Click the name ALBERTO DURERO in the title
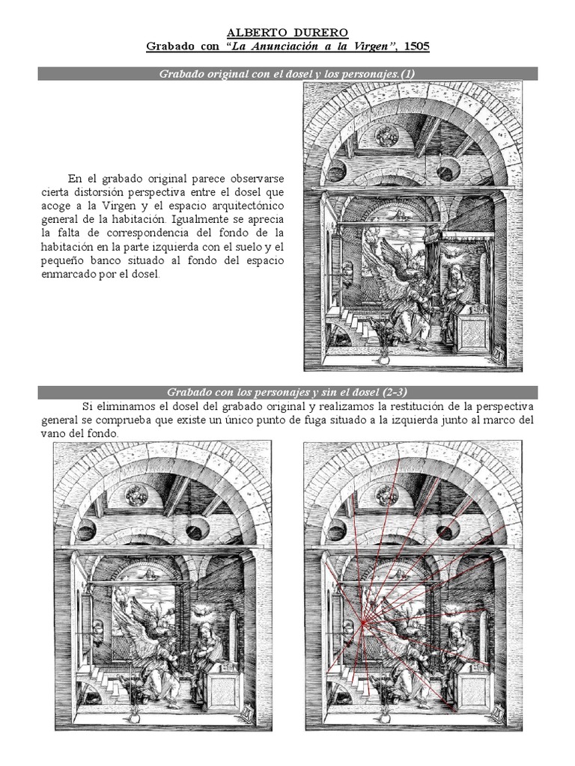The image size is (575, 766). coord(287,34)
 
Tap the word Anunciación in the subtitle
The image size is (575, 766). coord(292,46)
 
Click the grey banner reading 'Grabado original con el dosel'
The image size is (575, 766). coord(287,73)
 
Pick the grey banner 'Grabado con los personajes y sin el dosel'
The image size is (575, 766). coord(287,392)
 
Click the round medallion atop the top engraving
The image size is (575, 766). coord(386,135)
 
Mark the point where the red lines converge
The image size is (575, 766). coord(362,621)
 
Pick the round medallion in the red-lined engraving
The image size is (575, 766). coord(387,495)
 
